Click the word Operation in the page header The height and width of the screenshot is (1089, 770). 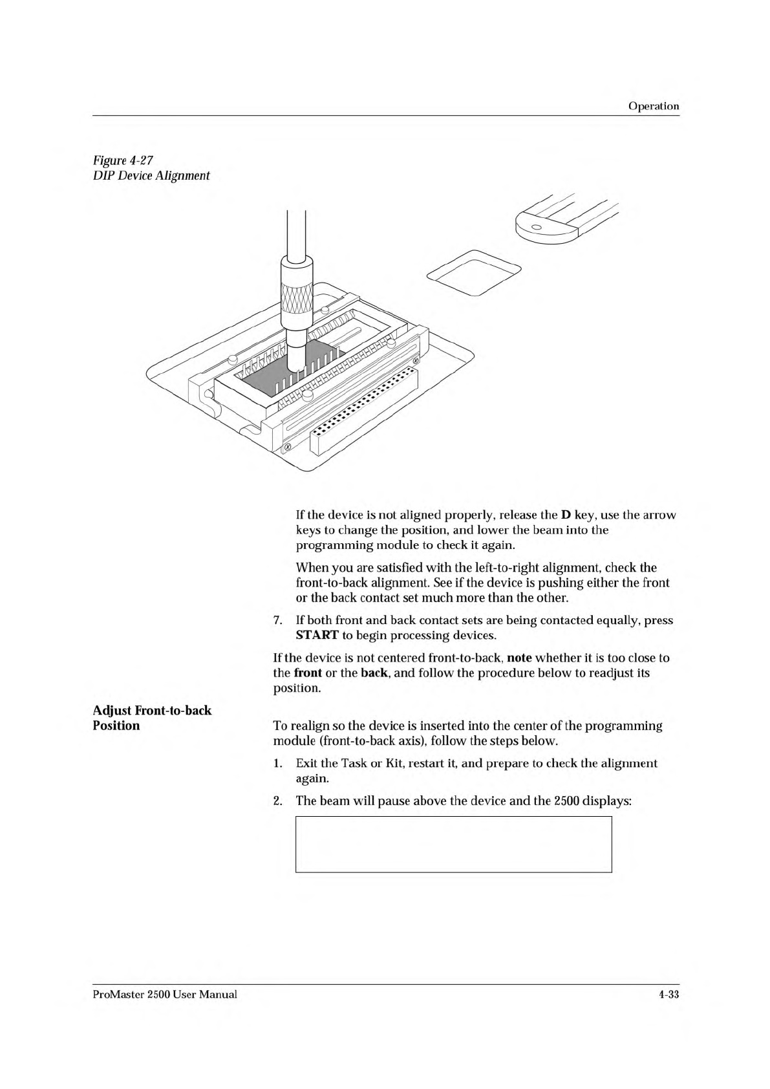(654, 106)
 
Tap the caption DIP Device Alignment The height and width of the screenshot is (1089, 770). (151, 175)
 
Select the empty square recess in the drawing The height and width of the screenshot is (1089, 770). (474, 274)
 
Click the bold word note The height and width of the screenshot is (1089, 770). (519, 658)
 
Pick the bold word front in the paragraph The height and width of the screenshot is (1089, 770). (308, 673)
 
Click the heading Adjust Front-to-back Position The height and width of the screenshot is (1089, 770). (152, 718)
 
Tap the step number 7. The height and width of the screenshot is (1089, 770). (277, 620)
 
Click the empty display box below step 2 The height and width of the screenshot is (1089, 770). (453, 844)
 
